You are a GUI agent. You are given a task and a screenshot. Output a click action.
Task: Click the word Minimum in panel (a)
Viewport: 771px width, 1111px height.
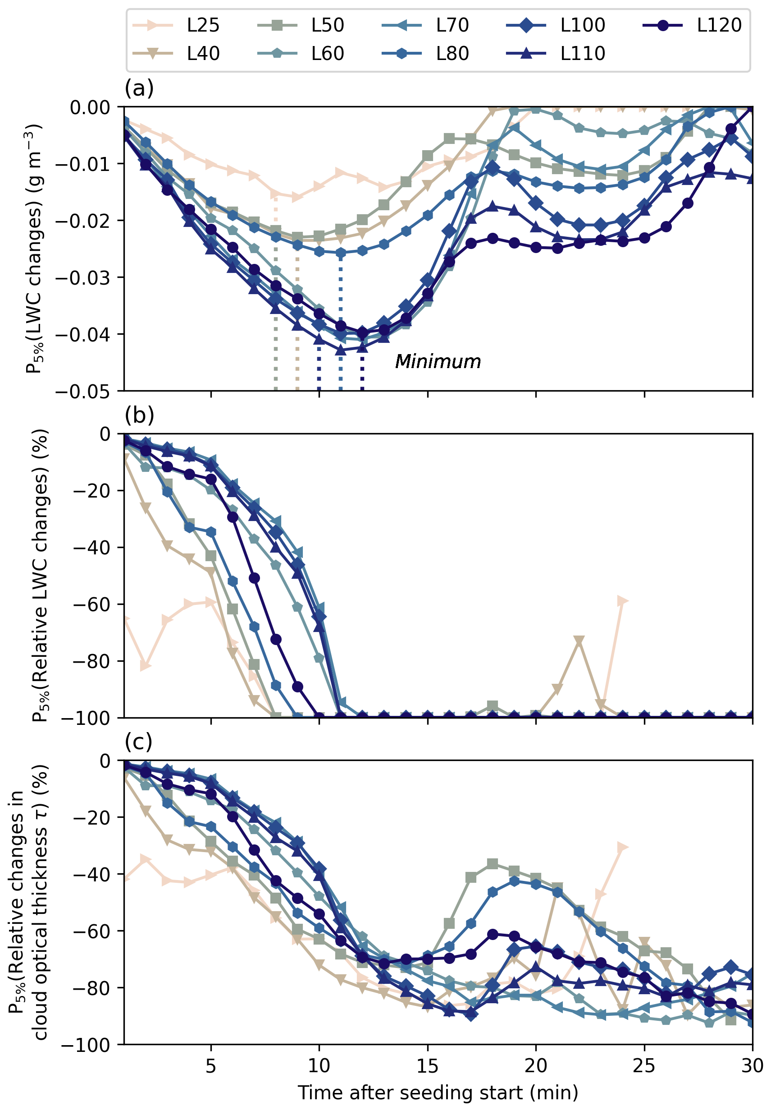(438, 362)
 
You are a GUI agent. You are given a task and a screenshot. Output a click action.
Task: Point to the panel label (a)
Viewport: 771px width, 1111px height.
(139, 88)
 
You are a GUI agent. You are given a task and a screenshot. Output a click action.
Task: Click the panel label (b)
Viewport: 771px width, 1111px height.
(139, 415)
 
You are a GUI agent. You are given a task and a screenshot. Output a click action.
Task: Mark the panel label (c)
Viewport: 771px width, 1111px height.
(139, 741)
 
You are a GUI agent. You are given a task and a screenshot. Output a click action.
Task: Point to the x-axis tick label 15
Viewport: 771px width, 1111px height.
(428, 1065)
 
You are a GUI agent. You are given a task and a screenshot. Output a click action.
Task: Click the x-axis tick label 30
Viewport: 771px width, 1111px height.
(752, 1065)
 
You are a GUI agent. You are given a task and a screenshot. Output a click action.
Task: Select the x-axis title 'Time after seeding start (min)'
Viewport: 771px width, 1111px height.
(438, 1093)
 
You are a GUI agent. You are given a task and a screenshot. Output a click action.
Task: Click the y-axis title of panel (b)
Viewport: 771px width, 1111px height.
(41, 575)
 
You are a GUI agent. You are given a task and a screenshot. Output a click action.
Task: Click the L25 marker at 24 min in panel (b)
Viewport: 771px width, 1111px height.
(622, 601)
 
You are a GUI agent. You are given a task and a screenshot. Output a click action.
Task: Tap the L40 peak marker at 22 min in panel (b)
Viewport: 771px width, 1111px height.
(579, 641)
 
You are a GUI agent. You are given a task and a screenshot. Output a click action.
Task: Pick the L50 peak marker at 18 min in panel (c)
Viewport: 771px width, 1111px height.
(492, 864)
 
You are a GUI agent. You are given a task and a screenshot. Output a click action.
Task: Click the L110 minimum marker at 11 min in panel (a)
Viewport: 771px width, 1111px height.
(341, 350)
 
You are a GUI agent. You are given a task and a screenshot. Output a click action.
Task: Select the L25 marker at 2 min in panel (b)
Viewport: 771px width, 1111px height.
(146, 666)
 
